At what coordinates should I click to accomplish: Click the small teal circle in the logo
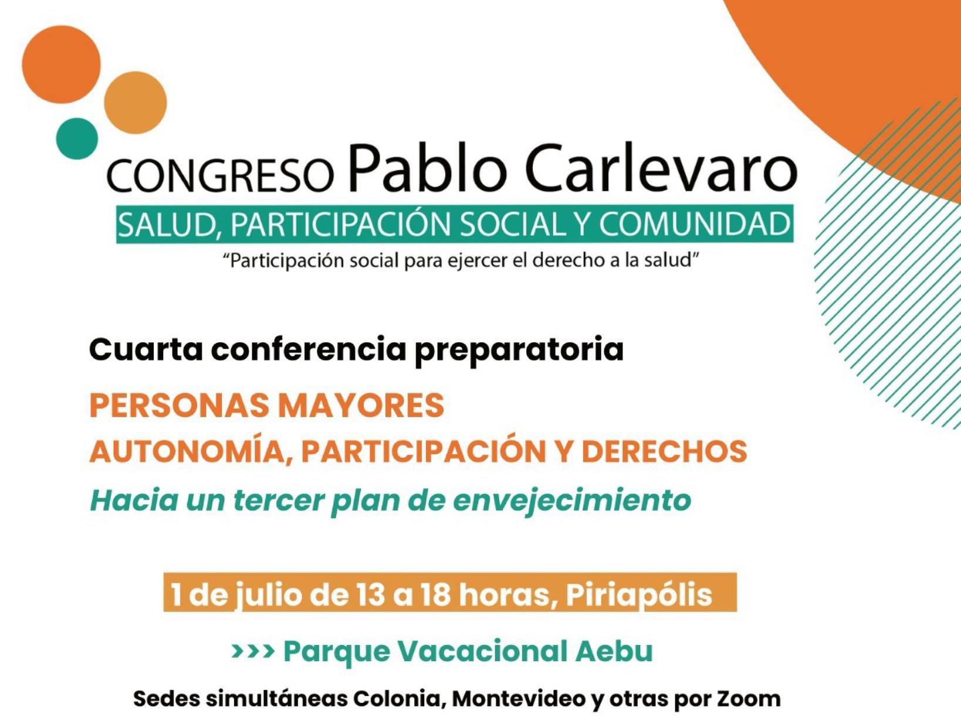click(77, 138)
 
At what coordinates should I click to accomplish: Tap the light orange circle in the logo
click(136, 103)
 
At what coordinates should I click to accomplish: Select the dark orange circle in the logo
click(61, 65)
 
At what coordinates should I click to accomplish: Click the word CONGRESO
click(220, 175)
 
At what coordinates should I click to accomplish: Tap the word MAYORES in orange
click(361, 405)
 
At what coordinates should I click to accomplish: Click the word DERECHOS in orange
click(664, 451)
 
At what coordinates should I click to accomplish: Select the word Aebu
click(614, 651)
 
